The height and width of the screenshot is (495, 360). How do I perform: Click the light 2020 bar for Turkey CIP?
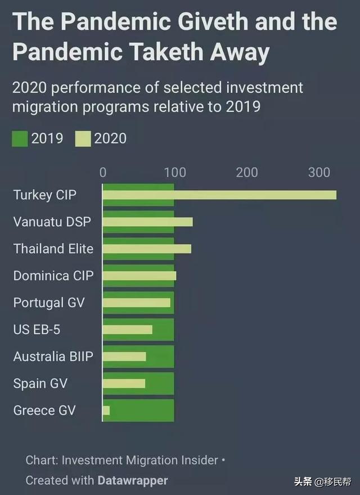click(219, 195)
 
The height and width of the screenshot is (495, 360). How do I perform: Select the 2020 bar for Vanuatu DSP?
click(147, 222)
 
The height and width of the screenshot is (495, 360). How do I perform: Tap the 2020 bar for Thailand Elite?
click(147, 249)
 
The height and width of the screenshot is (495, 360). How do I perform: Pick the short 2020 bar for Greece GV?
click(106, 411)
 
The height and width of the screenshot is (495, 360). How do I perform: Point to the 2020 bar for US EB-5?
click(127, 330)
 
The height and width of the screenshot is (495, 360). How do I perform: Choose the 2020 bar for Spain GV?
click(124, 384)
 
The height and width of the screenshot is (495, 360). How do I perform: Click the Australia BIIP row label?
click(53, 357)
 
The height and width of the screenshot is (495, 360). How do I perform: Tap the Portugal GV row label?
click(49, 303)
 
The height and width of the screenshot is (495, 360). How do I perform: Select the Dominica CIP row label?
click(53, 276)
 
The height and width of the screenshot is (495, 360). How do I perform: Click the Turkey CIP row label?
click(44, 195)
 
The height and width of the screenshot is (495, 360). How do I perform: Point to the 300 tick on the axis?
click(319, 172)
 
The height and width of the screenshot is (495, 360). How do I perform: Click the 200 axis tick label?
click(247, 172)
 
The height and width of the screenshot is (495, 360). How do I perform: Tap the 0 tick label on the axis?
click(103, 172)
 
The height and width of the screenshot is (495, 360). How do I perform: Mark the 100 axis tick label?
click(175, 172)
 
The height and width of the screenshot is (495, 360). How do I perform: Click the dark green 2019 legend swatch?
click(20, 138)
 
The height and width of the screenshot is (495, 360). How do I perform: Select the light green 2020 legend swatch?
click(83, 138)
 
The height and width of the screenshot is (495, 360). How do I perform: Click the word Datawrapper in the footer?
click(132, 480)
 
